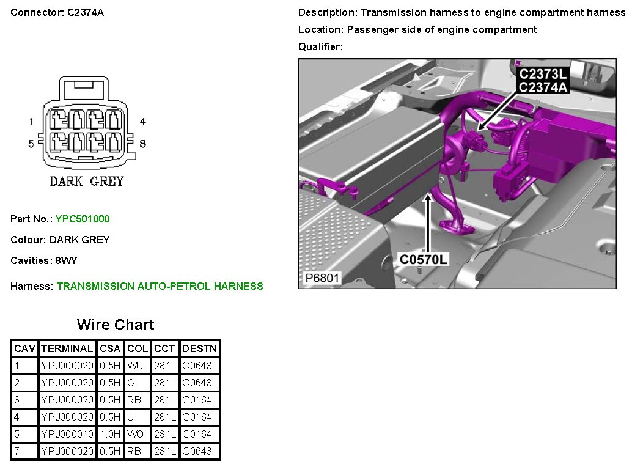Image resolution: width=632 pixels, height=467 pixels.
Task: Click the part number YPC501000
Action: point(83,219)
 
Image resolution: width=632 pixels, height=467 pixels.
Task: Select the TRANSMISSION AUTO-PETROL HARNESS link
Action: point(160,286)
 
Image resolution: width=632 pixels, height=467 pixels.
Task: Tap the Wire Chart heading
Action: point(116,325)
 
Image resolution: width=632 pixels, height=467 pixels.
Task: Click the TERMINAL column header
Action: point(67,348)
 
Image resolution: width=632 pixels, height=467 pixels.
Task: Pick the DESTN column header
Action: point(199,348)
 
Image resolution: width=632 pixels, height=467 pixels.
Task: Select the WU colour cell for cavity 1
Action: point(135,366)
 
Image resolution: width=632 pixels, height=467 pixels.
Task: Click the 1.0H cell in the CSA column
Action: point(110,435)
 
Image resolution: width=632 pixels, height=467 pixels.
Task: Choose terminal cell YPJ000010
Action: point(67,435)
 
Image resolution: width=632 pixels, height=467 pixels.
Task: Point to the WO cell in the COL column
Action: point(136,435)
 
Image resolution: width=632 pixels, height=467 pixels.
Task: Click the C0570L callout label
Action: point(423,260)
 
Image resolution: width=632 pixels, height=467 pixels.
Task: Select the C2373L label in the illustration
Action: point(543,74)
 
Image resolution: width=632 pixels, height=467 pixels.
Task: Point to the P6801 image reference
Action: point(323,278)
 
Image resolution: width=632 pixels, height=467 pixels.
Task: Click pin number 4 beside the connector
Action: point(142,121)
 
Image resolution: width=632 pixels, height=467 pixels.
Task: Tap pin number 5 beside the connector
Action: point(31,144)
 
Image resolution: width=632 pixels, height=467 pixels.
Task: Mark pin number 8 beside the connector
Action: point(142,144)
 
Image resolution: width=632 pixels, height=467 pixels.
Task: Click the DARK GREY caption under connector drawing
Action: point(87,182)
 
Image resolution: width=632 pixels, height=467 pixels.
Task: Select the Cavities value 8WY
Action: point(65,260)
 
